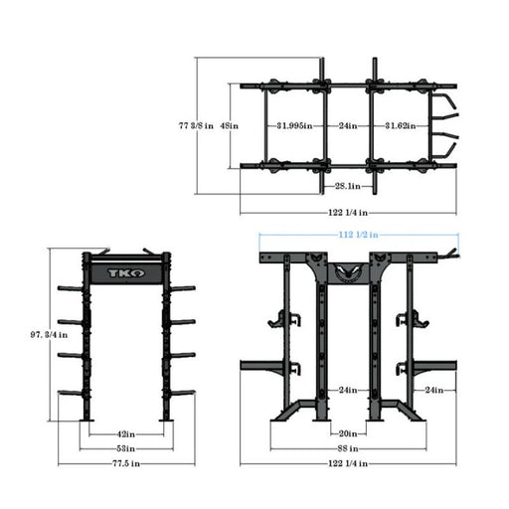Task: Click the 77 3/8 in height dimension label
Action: tap(195, 125)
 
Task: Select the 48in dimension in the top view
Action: tap(228, 125)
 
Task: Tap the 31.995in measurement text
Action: tap(293, 125)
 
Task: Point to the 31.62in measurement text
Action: tap(404, 125)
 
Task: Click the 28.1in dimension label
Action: tap(347, 185)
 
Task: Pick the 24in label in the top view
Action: tap(348, 125)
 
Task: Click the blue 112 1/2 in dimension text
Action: tap(354, 236)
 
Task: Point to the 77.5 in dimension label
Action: tap(124, 463)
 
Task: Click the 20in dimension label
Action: tap(345, 433)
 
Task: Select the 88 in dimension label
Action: tap(345, 448)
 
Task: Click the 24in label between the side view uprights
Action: tap(345, 389)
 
